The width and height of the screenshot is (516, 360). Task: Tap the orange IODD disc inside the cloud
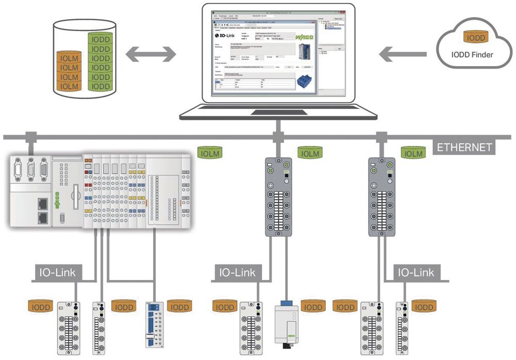pos(475,38)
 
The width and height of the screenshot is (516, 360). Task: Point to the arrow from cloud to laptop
pos(403,53)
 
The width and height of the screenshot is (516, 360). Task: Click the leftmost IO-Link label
pos(56,272)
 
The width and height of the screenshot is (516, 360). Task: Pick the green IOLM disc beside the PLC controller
pos(210,153)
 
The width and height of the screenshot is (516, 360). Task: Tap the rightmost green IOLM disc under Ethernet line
pos(413,153)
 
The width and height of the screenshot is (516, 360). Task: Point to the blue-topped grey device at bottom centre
pos(286,320)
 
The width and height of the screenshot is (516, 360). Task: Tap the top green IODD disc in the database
pos(100,39)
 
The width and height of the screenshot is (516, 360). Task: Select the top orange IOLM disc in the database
pos(69,58)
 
